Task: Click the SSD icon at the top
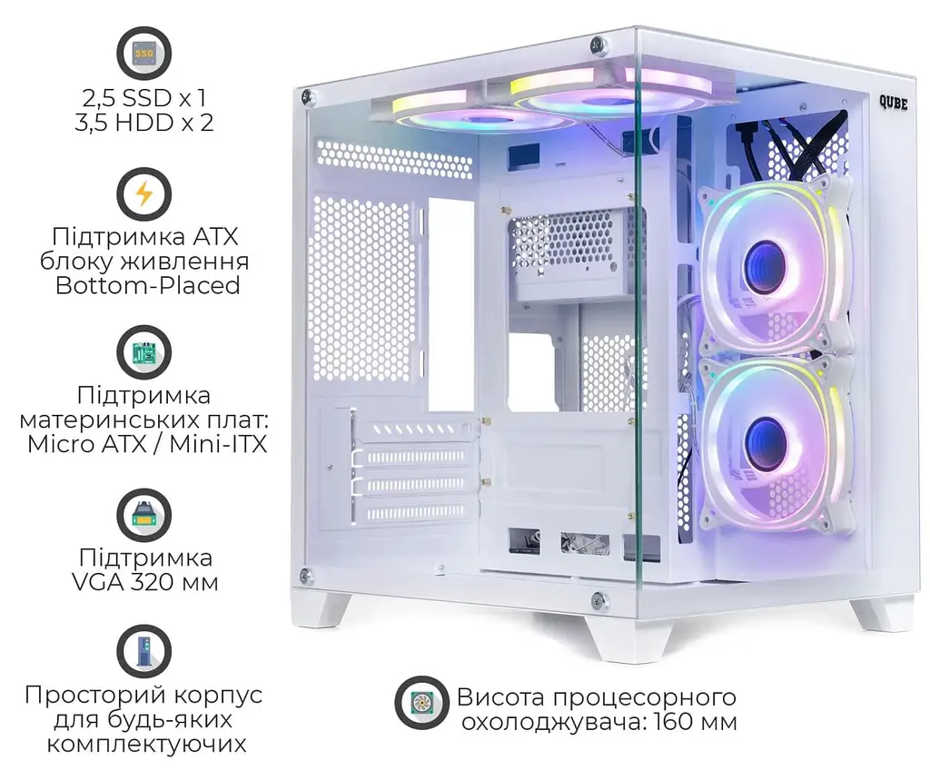click(144, 53)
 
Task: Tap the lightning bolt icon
click(144, 194)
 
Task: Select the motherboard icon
click(144, 352)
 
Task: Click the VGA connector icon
click(144, 515)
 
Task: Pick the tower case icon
click(144, 651)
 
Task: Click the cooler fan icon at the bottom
click(422, 703)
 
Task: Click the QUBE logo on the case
click(894, 104)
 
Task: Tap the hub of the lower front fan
click(765, 436)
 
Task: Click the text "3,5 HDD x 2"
click(144, 123)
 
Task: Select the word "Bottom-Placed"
click(148, 285)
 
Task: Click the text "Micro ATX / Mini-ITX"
click(147, 444)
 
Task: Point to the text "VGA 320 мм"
click(145, 582)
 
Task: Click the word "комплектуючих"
click(146, 744)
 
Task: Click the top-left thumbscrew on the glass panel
click(308, 95)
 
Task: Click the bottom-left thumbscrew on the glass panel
click(306, 574)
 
